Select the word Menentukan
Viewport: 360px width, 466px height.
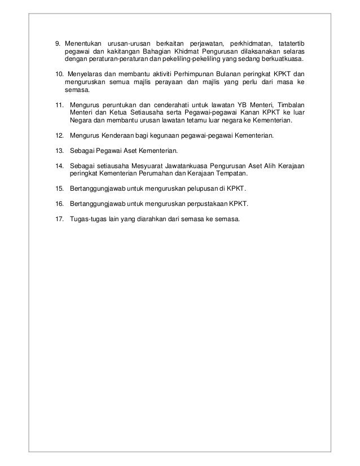[x=82, y=44]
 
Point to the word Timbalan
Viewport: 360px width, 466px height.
[x=288, y=105]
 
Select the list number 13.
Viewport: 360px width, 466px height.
[x=59, y=151]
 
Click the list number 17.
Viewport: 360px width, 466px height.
[x=59, y=219]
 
